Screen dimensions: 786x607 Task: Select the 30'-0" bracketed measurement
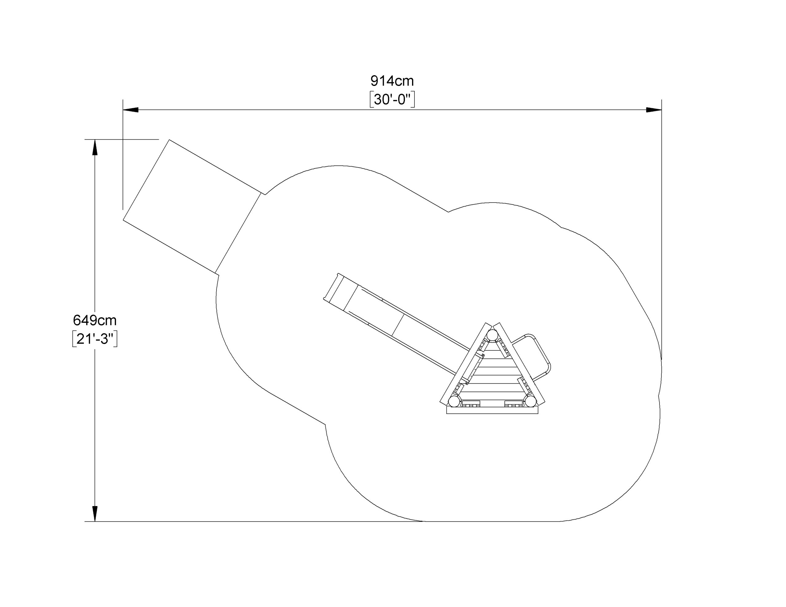click(392, 99)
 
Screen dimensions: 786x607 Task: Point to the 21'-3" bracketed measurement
click(95, 338)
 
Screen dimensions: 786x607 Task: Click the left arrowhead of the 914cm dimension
click(130, 110)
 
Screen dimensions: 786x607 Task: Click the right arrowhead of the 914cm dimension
click(654, 110)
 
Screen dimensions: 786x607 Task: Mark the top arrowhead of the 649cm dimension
click(95, 147)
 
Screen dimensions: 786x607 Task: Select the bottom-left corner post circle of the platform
click(454, 401)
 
